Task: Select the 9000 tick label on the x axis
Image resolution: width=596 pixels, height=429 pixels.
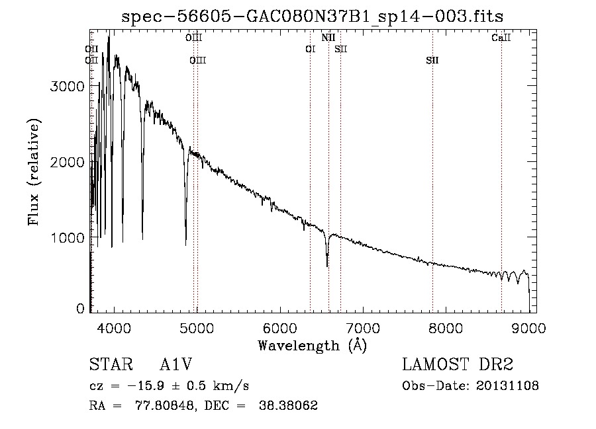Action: coord(528,328)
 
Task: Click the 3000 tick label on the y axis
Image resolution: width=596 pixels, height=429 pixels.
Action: coord(68,87)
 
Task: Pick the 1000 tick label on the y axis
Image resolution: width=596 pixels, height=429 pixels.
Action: coord(68,237)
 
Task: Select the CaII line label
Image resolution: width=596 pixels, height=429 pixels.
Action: coord(501,38)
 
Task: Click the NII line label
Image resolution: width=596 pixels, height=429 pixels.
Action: coord(328,38)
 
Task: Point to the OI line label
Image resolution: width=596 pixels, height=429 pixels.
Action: coord(310,50)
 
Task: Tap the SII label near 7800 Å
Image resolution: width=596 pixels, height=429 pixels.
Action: coord(432,61)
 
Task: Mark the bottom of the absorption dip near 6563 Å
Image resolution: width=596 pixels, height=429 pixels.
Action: coord(327,266)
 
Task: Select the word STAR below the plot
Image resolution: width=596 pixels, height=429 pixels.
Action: coord(107,366)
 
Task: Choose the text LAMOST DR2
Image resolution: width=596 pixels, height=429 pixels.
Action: coord(458,366)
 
